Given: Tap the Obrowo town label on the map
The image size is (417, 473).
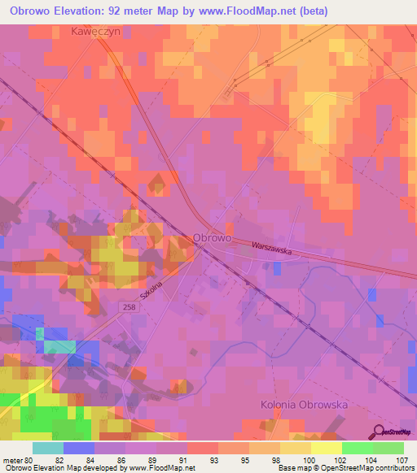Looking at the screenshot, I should click(213, 238).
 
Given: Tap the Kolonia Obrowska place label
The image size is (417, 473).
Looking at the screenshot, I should click(304, 404).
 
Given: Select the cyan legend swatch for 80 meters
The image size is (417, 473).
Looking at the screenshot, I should click(47, 448).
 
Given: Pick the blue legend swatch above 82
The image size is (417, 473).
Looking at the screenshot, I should click(78, 448).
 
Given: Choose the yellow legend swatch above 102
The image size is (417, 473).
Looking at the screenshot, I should click(326, 448).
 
